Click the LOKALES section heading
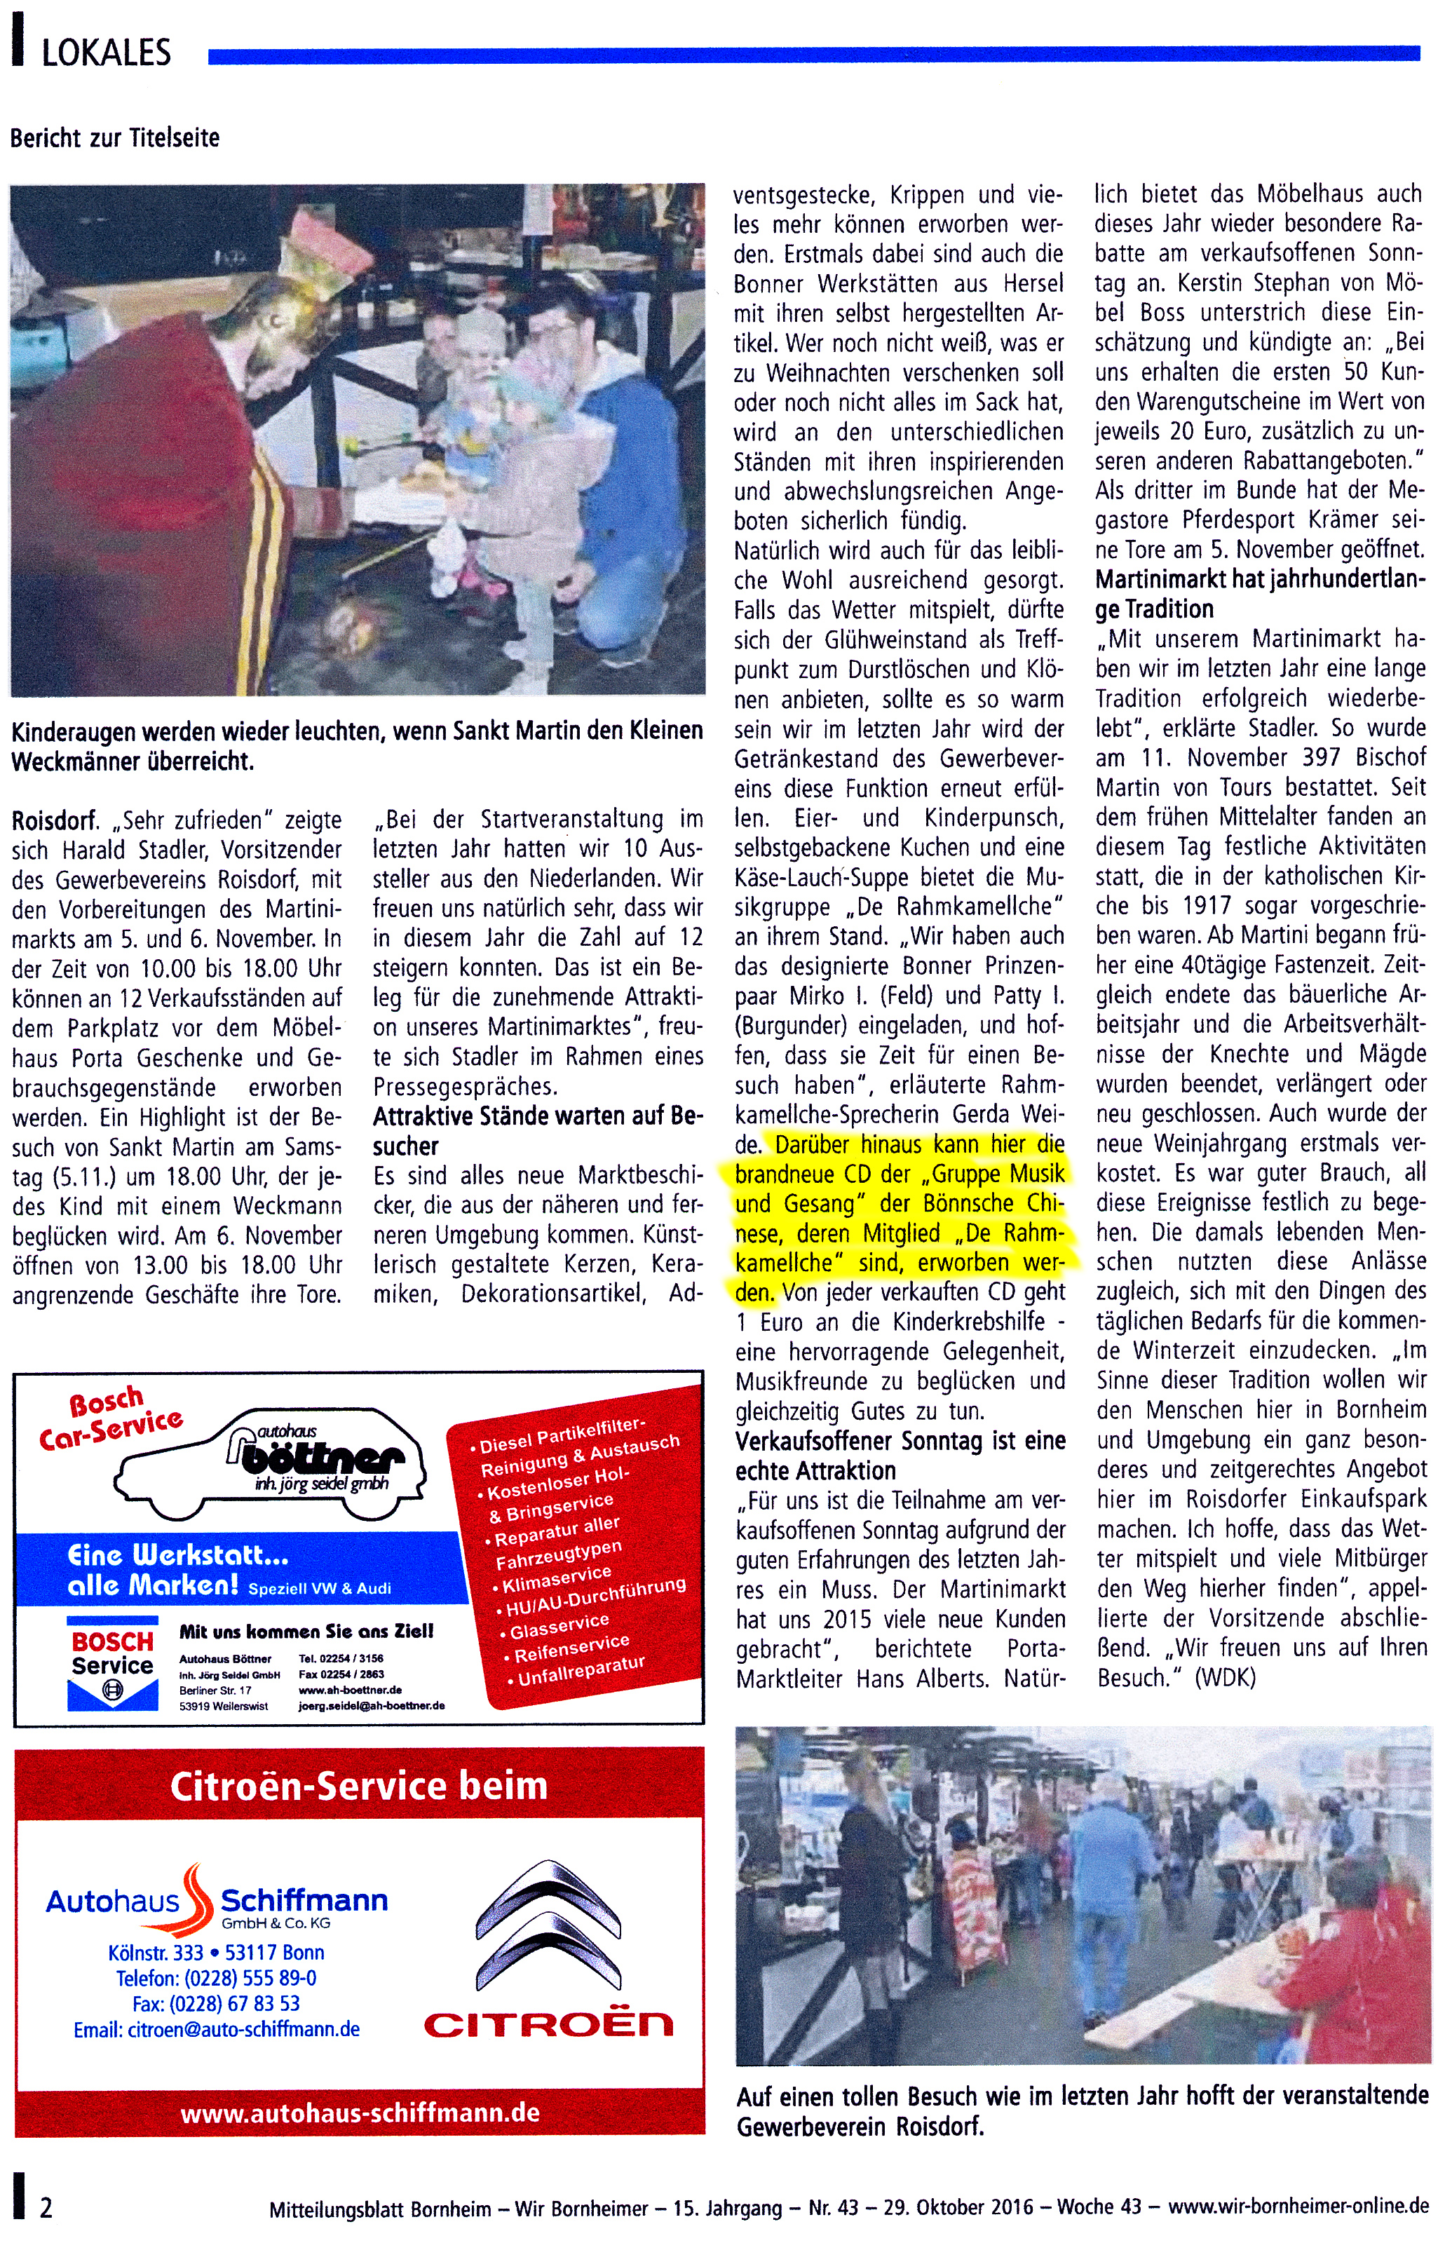coord(106,53)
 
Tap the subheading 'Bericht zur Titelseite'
coord(114,138)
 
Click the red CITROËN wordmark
coord(549,2024)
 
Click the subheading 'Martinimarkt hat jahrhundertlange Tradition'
coord(1259,594)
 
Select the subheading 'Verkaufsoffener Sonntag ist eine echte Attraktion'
coord(899,1455)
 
